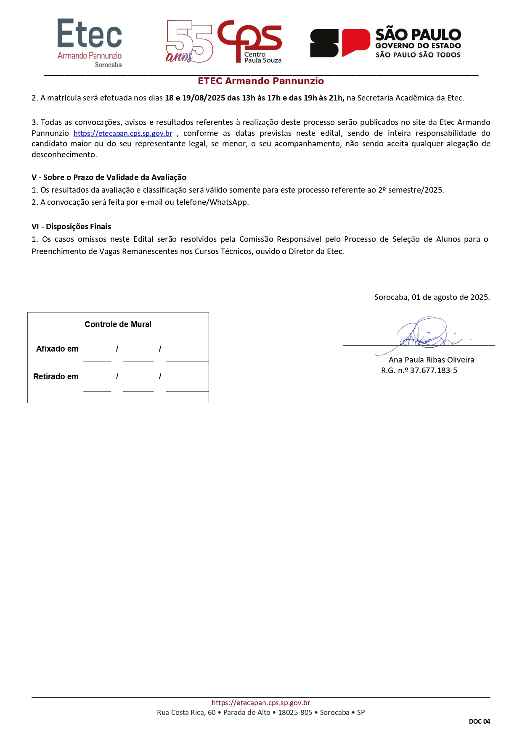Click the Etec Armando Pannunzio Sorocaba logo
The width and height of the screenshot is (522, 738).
90,43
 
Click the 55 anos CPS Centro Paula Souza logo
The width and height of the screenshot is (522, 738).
224,42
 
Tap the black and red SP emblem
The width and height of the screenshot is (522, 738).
340,43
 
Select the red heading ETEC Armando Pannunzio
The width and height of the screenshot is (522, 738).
261,81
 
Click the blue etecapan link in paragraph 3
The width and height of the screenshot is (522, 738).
123,134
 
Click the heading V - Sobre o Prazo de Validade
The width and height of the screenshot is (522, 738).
109,177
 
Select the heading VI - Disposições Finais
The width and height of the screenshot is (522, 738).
72,227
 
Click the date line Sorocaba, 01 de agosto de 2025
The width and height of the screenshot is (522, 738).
432,297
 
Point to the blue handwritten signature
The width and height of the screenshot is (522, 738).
425,333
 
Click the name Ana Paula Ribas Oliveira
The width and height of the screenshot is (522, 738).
431,360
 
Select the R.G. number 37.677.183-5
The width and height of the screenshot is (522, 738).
433,370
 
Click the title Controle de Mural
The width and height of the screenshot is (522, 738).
118,325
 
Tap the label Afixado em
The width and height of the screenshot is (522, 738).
57,349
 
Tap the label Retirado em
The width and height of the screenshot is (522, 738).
56,377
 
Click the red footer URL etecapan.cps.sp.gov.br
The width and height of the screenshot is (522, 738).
261,703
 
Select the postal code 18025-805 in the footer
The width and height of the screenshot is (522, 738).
295,712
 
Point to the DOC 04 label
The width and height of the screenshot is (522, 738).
479,722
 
